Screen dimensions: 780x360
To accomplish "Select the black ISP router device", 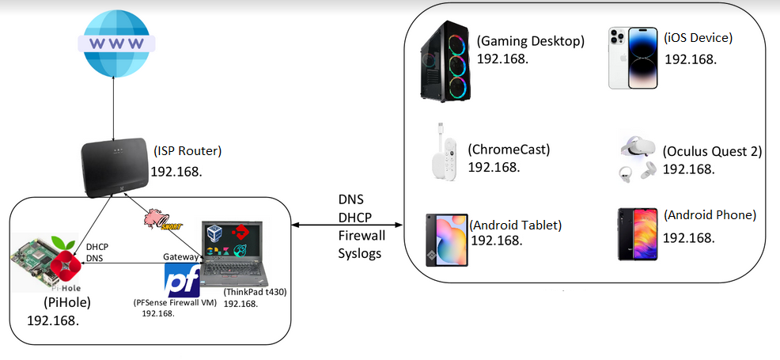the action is point(115,168).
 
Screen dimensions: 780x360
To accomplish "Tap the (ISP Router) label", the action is point(187,150).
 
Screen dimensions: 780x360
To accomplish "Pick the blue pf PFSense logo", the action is point(182,280).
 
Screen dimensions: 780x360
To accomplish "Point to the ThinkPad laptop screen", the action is point(232,241).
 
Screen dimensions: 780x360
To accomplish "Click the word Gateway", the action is point(180,256).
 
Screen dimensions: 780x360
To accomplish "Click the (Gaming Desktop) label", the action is point(530,41).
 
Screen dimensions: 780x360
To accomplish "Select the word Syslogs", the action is point(360,253).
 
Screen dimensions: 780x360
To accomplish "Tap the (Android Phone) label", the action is point(710,215).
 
